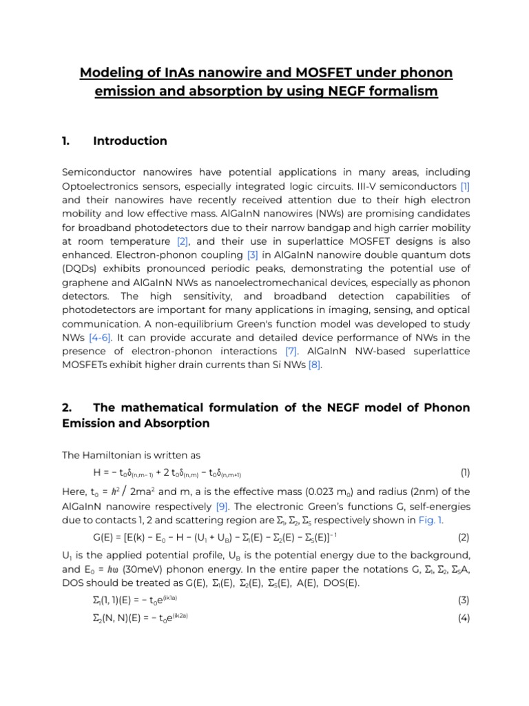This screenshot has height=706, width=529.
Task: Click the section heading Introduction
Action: pyautogui.click(x=130, y=141)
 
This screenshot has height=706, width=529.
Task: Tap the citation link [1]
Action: pyautogui.click(x=465, y=186)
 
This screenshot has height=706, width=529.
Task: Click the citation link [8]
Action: pyautogui.click(x=314, y=365)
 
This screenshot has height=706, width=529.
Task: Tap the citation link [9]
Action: pyautogui.click(x=222, y=505)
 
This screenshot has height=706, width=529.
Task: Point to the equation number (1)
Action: pyautogui.click(x=465, y=472)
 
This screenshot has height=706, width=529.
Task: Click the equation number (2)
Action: pyautogui.click(x=465, y=536)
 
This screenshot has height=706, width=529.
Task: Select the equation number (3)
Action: pyautogui.click(x=465, y=601)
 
